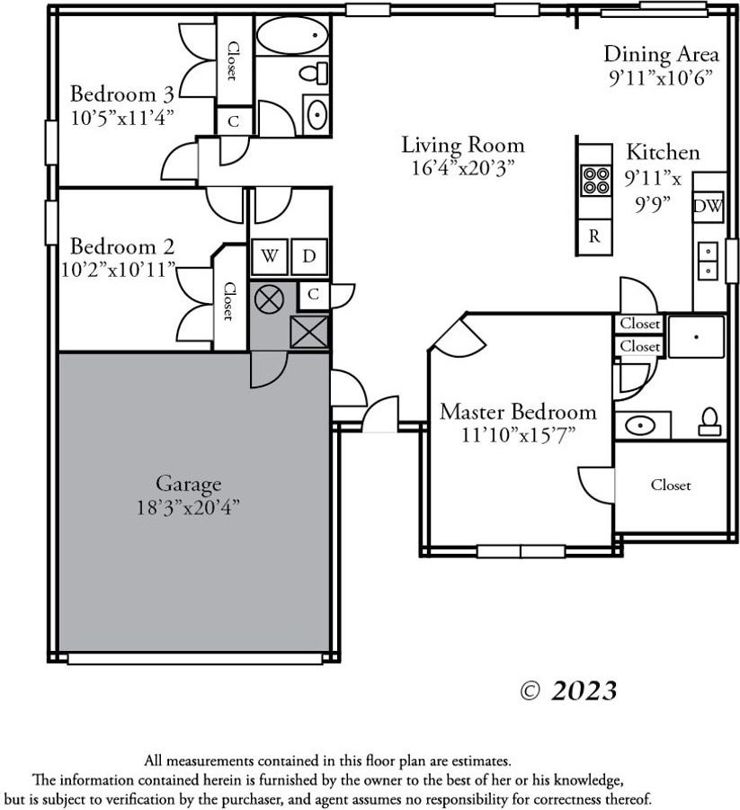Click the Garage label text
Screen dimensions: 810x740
point(188,485)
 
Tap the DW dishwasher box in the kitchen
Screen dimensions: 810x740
point(708,208)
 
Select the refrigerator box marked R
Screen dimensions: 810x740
point(593,236)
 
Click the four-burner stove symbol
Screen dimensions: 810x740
point(595,180)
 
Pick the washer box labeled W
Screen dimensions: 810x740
point(269,257)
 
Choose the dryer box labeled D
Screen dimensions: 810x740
point(308,257)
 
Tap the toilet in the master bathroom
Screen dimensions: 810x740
point(709,421)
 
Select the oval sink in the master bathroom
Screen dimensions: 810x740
point(641,424)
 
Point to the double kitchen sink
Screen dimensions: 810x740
point(709,261)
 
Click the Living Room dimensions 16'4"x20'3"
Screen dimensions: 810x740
point(462,166)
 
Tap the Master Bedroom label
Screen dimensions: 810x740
point(517,412)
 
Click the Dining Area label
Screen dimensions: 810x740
point(661,55)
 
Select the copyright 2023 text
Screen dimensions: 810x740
point(569,690)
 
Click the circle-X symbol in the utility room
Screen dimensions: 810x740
point(268,298)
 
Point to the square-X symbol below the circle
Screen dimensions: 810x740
point(309,333)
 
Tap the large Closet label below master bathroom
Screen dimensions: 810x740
point(671,485)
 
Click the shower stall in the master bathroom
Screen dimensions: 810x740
point(695,335)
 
